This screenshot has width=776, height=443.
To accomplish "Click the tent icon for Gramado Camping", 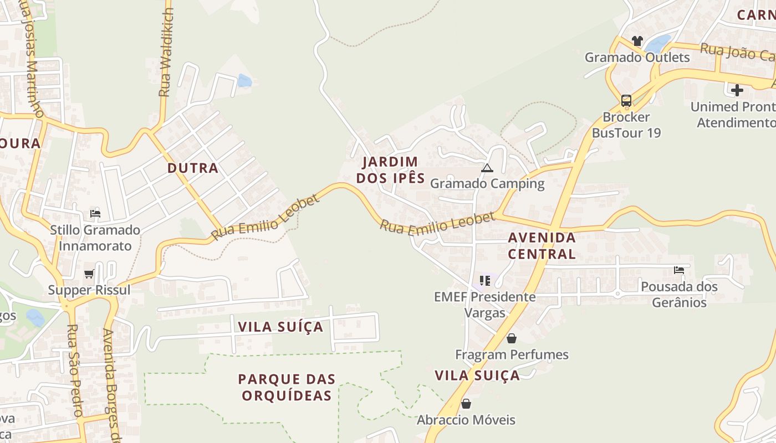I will (487, 168).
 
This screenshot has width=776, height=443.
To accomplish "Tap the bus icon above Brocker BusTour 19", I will (626, 101).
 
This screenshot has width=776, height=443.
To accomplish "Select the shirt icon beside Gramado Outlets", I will (637, 41).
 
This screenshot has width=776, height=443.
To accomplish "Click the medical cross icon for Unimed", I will (737, 90).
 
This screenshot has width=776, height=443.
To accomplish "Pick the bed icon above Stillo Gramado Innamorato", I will (95, 213).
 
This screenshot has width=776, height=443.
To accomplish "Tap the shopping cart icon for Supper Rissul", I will (89, 274).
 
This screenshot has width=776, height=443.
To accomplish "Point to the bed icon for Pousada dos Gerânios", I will (679, 270).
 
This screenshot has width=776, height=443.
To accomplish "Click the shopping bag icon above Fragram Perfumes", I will (512, 338).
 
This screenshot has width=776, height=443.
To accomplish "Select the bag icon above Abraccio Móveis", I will (466, 404).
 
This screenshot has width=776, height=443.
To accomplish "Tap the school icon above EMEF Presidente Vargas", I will (486, 280).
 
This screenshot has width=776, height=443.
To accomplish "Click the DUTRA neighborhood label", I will (193, 168).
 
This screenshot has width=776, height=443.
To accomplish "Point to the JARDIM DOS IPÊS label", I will (390, 170).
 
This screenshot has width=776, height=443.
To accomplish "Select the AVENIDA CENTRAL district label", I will (542, 246).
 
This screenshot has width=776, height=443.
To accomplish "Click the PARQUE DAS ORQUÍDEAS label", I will (287, 387).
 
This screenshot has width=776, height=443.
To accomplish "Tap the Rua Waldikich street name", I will (165, 53).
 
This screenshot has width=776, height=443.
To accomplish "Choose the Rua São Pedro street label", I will (74, 370).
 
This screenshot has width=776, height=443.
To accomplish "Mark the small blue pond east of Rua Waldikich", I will (244, 81).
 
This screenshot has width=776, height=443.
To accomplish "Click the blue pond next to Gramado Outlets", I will (658, 43).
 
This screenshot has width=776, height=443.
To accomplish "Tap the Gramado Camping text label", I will (487, 183).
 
